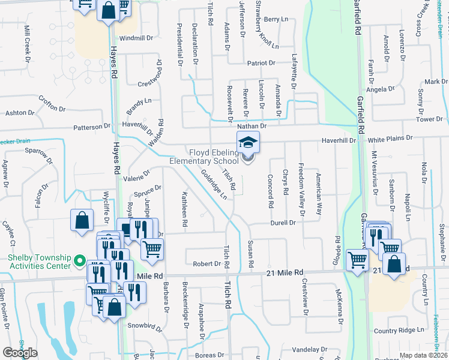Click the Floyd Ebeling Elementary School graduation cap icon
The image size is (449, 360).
tap(247, 142)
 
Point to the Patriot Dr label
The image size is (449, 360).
tap(261, 63)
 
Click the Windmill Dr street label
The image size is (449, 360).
tap(137, 38)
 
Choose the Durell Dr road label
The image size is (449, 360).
tap(283, 223)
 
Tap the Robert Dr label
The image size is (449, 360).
tap(207, 263)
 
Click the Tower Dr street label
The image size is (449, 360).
tap(430, 119)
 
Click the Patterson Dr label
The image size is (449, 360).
tap(92, 127)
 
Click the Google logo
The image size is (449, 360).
tap(20, 353)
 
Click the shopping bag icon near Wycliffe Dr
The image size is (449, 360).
tap(82, 220)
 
